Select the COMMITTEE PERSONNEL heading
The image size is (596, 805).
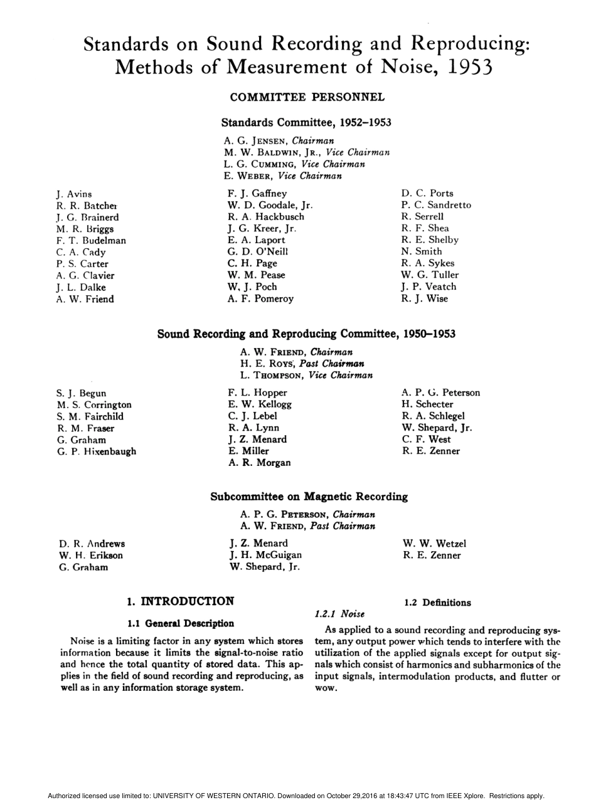click(x=307, y=97)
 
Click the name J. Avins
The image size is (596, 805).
click(x=74, y=194)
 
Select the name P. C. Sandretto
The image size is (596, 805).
click(x=436, y=205)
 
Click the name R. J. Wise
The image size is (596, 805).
click(x=425, y=298)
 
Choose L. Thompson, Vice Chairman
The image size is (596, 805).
click(x=306, y=376)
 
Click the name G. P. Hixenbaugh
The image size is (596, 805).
click(x=97, y=451)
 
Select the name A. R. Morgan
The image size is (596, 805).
click(x=259, y=463)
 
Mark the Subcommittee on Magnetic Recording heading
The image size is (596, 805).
click(x=309, y=497)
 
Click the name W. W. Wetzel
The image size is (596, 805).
click(x=434, y=544)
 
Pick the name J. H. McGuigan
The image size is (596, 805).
click(x=265, y=555)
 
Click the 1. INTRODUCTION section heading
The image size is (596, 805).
click(x=181, y=602)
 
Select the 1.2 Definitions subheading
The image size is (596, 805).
click(x=437, y=602)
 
